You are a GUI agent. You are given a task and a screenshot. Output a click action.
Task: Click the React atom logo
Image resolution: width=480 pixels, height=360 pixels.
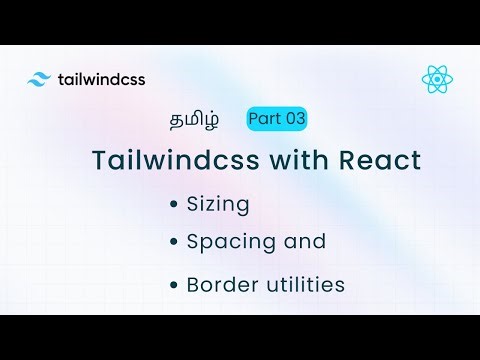point(436,78)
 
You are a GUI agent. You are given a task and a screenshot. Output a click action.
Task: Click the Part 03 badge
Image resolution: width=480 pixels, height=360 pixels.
point(277,119)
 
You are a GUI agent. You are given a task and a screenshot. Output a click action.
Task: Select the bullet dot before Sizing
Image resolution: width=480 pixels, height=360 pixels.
point(175,203)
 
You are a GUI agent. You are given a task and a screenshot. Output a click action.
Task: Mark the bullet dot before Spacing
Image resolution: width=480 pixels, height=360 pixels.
point(175,242)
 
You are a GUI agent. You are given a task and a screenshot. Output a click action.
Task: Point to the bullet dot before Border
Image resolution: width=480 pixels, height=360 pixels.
point(175,284)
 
